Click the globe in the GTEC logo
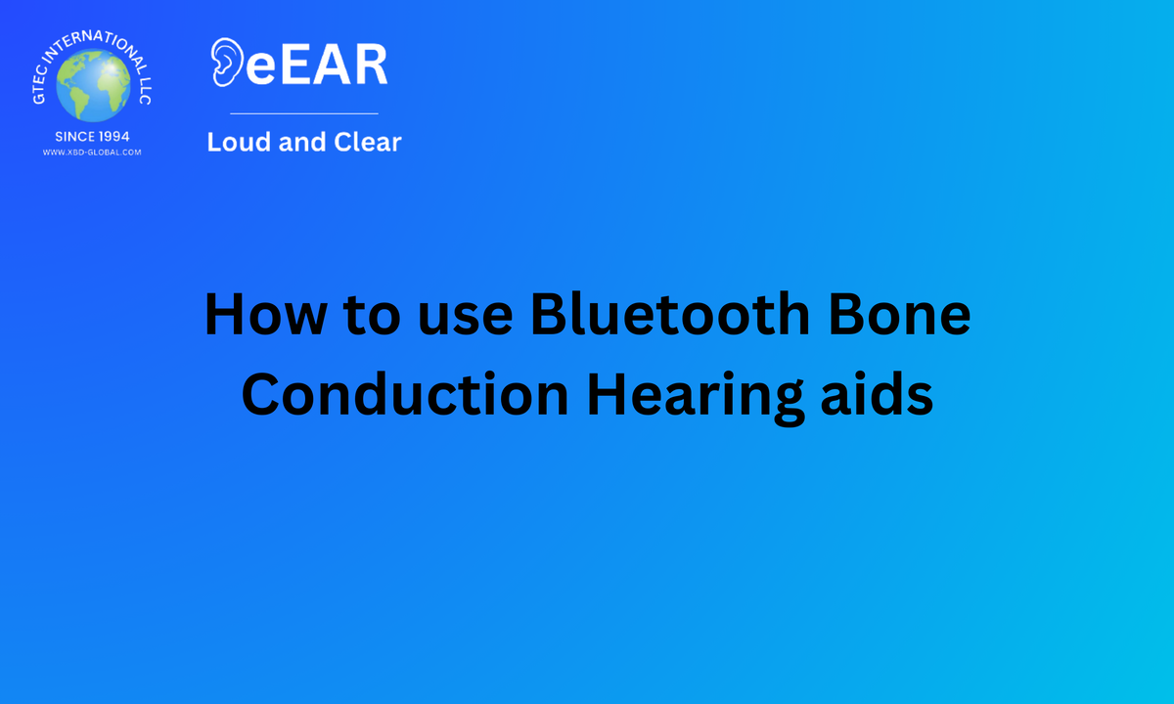[x=93, y=85]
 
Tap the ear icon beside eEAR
[x=227, y=62]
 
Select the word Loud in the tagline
[x=239, y=142]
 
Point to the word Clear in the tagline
[x=368, y=142]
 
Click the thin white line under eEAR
[x=304, y=113]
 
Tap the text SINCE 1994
[x=92, y=137]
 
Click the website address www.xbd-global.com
[x=92, y=153]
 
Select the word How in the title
[x=266, y=314]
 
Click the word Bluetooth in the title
[x=670, y=313]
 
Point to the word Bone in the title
[x=899, y=314]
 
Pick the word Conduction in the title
[x=405, y=394]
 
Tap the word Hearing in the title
[x=695, y=397]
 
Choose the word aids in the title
[x=877, y=394]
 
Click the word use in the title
[x=466, y=320]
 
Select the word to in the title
[x=372, y=316]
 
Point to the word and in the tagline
[x=302, y=142]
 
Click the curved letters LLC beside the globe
[x=145, y=91]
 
